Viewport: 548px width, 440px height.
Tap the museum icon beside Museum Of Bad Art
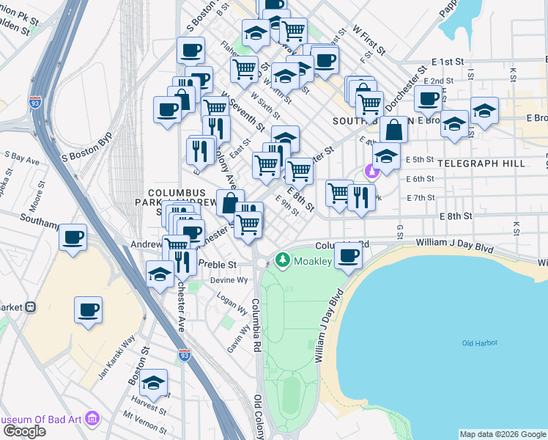(92, 419)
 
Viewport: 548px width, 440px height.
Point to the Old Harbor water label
(479, 342)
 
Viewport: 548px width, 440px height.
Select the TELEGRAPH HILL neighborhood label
(484, 164)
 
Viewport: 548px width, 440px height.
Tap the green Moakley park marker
(283, 260)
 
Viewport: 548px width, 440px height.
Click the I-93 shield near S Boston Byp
(35, 102)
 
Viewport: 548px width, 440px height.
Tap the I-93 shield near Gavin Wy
(184, 356)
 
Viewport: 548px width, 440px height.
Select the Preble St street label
(219, 265)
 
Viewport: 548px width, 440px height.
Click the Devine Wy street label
(230, 280)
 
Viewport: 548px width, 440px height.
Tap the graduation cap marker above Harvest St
(154, 384)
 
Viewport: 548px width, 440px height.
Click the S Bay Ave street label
(21, 158)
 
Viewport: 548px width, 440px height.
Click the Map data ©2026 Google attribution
(502, 434)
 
